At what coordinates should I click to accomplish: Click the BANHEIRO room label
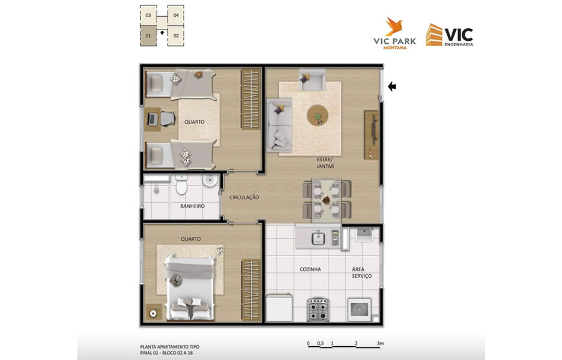pyautogui.click(x=192, y=206)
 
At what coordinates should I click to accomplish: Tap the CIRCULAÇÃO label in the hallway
pyautogui.click(x=244, y=197)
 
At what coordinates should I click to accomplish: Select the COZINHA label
pyautogui.click(x=310, y=269)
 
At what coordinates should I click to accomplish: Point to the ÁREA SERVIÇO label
pyautogui.click(x=361, y=272)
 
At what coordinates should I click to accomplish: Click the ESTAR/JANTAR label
pyautogui.click(x=325, y=163)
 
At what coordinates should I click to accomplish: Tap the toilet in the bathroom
pyautogui.click(x=182, y=184)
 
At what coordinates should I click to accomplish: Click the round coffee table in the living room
pyautogui.click(x=318, y=115)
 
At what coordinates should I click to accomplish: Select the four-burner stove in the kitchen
pyautogui.click(x=318, y=309)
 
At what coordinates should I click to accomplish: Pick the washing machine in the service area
pyautogui.click(x=360, y=309)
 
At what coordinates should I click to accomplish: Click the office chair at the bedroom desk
pyautogui.click(x=167, y=119)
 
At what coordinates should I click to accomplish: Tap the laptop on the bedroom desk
pyautogui.click(x=153, y=119)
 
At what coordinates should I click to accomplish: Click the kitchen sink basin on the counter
pyautogui.click(x=318, y=238)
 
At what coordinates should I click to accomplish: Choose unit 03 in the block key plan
pyautogui.click(x=148, y=16)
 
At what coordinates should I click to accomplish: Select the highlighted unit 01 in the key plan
pyautogui.click(x=148, y=36)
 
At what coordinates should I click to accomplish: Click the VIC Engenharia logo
pyautogui.click(x=450, y=35)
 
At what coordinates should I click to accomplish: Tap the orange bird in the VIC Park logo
pyautogui.click(x=394, y=26)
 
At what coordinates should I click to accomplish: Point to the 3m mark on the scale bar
pyautogui.click(x=380, y=343)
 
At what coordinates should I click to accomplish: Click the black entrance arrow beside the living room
pyautogui.click(x=391, y=86)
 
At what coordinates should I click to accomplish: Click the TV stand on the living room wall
pyautogui.click(x=371, y=134)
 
